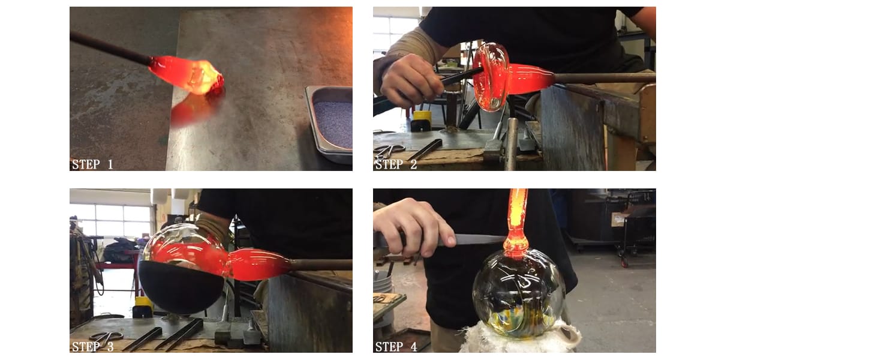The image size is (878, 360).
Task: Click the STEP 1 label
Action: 92,164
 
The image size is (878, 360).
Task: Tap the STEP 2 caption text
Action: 396,164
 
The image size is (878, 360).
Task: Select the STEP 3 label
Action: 92,346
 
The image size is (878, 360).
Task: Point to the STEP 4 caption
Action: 396,346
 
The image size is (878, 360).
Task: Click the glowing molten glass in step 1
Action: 187,75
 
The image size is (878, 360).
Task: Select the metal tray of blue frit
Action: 329,124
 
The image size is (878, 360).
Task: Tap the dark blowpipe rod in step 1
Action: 110,48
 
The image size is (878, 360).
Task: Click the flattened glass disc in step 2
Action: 491,77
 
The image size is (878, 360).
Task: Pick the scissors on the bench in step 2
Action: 389,149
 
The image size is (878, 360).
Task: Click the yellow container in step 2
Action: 422,116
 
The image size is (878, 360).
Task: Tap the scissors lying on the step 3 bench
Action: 106,337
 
